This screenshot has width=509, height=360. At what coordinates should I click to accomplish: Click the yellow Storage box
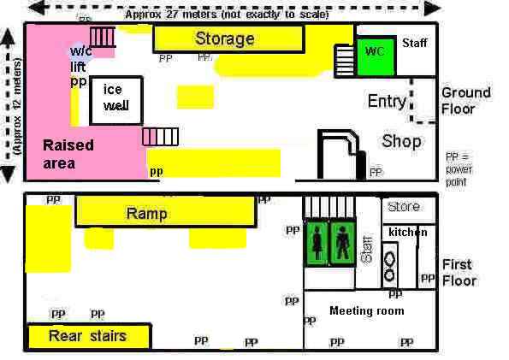[228, 38]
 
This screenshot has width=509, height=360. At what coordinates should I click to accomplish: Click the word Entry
[387, 102]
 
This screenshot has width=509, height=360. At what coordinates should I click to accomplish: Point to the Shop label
[401, 141]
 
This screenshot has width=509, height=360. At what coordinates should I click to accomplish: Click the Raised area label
[68, 154]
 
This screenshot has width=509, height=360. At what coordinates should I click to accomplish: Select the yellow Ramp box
[165, 212]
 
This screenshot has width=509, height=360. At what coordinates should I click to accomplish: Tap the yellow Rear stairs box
[88, 336]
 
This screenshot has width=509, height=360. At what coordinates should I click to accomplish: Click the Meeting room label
[366, 310]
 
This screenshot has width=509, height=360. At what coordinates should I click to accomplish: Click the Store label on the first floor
[404, 207]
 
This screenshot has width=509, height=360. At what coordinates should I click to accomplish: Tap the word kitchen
[407, 233]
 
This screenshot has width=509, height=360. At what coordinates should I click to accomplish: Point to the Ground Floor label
[465, 101]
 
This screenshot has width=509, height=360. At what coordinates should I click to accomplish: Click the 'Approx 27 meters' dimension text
[227, 13]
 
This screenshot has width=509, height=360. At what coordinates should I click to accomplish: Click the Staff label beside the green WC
[414, 43]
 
